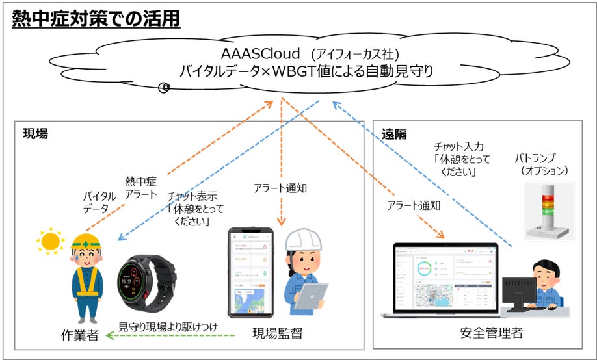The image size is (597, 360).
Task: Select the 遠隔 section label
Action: coord(394,134)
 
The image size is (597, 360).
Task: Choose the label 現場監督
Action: coord(277,335)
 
